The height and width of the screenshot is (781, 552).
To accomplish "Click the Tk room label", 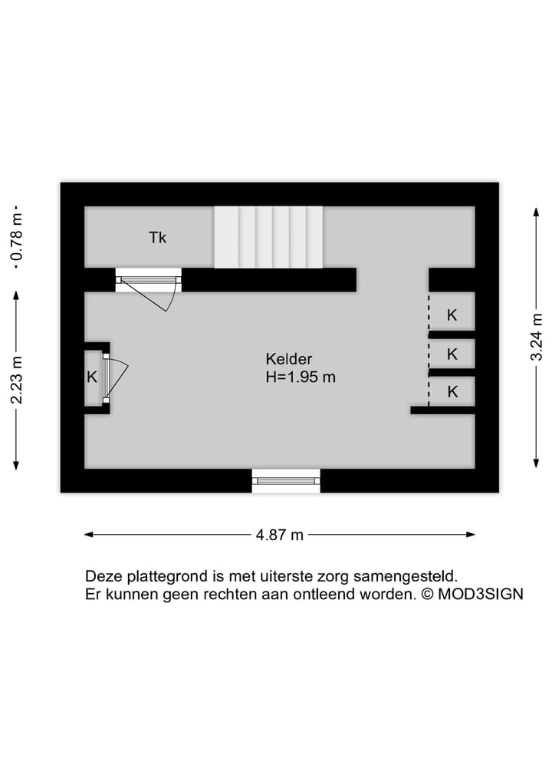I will coord(157,238).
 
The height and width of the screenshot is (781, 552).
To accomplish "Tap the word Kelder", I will coord(289,359).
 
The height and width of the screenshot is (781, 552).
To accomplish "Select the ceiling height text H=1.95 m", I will coord(301,377).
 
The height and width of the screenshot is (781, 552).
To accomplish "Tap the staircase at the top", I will coord(268,237).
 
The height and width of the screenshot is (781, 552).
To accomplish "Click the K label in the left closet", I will coord(92,377).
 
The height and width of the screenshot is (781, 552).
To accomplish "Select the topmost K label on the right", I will coord(452,315).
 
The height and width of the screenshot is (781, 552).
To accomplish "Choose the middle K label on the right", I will coord(452,354).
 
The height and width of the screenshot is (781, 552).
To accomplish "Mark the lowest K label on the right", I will coord(452,391).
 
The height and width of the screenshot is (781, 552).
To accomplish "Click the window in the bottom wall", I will coord(286,480).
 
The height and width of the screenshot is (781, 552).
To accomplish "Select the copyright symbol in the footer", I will coord(428,595).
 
